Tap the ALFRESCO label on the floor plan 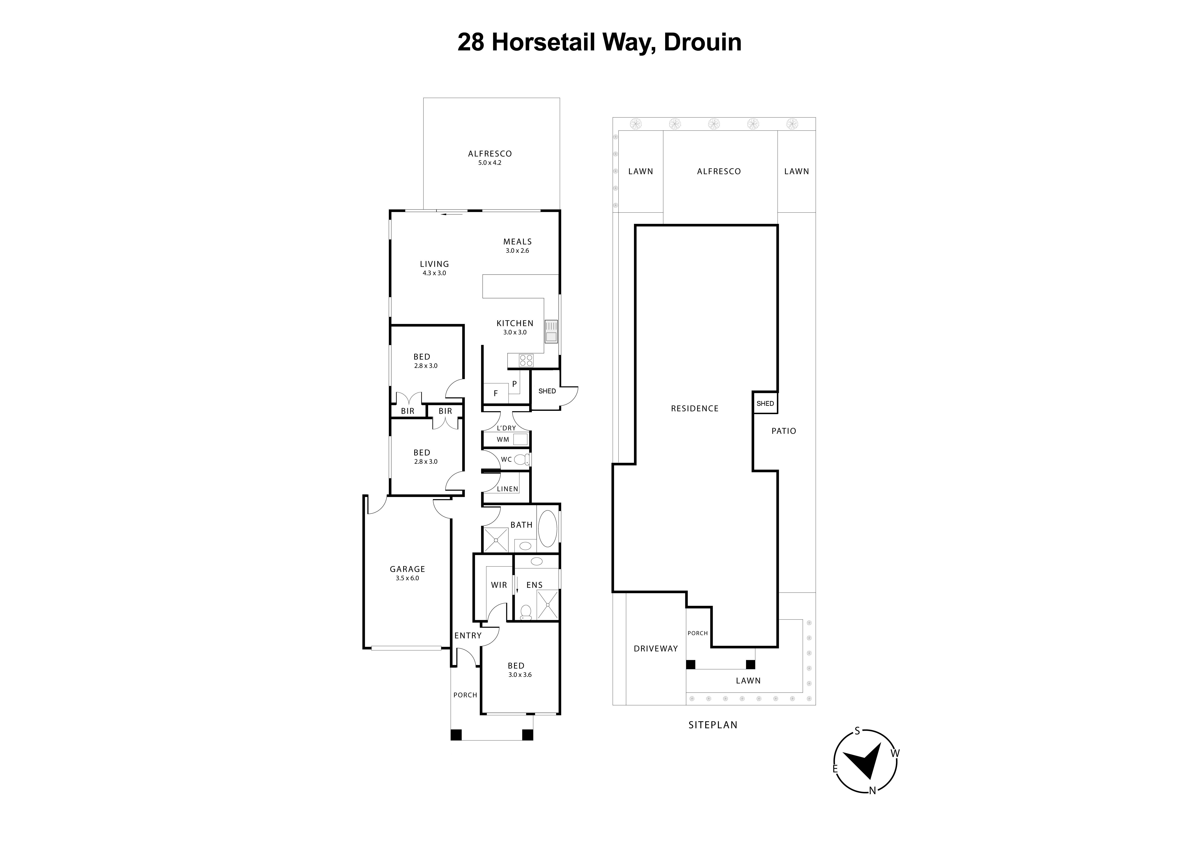(x=490, y=154)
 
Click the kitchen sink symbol (x=551, y=331)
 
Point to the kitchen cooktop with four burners (x=526, y=360)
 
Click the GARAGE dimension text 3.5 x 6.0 (x=407, y=578)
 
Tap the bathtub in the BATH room (x=547, y=529)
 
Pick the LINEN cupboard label (x=507, y=489)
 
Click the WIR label (x=498, y=585)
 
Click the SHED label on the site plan (x=765, y=403)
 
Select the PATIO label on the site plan (x=783, y=431)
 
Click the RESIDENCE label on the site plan (x=695, y=408)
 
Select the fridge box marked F (x=495, y=393)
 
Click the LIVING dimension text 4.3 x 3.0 (x=434, y=273)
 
